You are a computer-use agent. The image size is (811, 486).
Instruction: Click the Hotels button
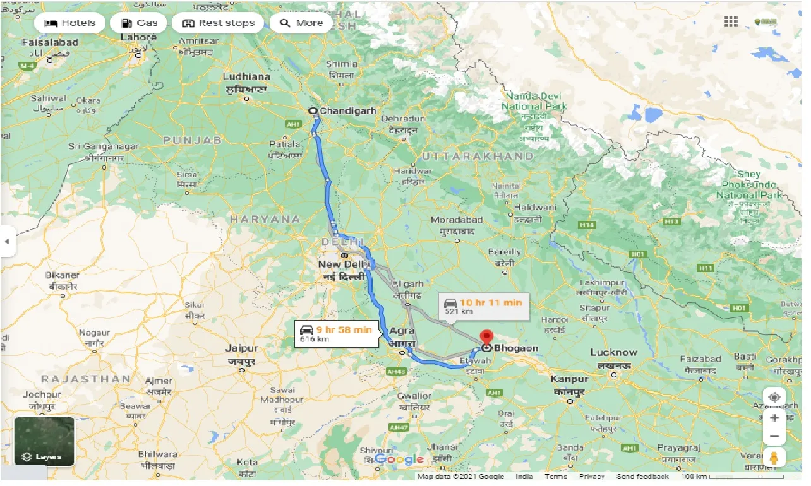coord(69,23)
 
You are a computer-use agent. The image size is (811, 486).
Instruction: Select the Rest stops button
coord(218,23)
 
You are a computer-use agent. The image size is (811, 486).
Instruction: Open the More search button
coord(301,23)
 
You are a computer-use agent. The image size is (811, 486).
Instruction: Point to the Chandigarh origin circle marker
coord(313,110)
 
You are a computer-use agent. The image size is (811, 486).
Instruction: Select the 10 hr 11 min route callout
coord(483,306)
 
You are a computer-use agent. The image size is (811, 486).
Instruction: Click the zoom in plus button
coord(774,417)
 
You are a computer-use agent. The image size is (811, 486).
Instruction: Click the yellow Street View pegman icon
coord(774,458)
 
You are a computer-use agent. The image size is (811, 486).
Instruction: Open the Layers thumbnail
coord(44,441)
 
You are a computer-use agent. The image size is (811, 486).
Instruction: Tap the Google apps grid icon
coord(731,22)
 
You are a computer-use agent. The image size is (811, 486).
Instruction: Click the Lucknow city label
coord(613,352)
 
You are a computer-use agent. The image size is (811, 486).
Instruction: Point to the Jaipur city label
coord(242,348)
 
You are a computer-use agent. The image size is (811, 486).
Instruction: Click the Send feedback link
coord(642,477)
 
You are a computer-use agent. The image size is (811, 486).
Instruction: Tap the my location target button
coord(774,398)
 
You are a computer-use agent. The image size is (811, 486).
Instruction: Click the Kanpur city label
coord(569,379)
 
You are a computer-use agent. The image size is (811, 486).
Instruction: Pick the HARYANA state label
coord(265,219)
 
